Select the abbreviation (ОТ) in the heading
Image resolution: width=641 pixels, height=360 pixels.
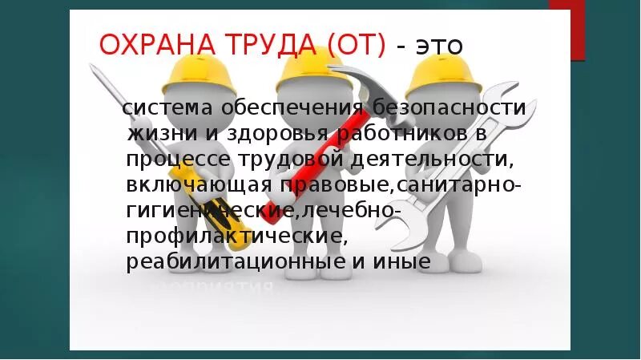[x=355, y=45]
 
